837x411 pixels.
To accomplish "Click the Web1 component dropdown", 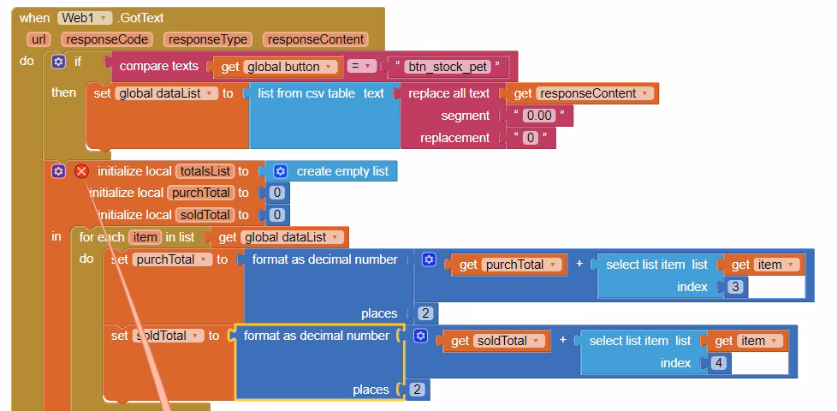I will (x=85, y=18).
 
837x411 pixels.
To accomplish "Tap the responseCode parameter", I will (x=108, y=39).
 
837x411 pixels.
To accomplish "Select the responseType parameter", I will (x=208, y=39).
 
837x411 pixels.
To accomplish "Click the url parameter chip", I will (x=38, y=39).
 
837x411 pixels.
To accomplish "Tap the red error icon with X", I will (x=81, y=171).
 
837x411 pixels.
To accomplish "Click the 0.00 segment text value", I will (x=539, y=116).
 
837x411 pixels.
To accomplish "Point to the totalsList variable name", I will (x=204, y=171).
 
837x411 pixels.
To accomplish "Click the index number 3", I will (x=735, y=287).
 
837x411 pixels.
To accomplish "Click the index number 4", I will (x=718, y=363).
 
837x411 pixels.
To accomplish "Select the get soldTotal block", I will (x=491, y=341).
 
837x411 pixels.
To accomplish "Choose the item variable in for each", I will (x=144, y=237).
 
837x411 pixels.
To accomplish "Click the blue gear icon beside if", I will (x=57, y=62).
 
